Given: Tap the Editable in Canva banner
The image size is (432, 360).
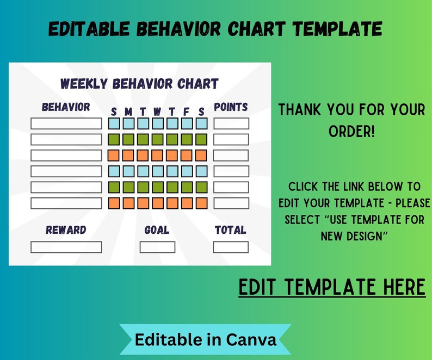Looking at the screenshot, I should point(206,340).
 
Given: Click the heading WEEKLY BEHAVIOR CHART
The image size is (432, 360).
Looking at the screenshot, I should point(139,84).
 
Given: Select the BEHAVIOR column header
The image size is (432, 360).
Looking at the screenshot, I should point(66,107).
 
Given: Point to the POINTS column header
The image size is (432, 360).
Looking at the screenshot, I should point(231,107).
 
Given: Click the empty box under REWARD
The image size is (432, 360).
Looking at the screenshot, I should point(66,247).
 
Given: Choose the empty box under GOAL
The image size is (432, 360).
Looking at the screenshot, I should point(157,247).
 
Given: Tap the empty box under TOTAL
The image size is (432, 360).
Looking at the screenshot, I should point(231,247).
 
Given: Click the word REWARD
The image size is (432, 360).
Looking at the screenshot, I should point(66,230).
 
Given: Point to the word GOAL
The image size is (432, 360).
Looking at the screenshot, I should point(157,230).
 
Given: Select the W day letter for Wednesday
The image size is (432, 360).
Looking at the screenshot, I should point(157,112).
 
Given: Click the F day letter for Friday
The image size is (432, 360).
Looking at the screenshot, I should point(187,112).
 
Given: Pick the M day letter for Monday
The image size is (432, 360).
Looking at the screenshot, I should point(128,112).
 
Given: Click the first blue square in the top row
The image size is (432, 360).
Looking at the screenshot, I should point(114,123).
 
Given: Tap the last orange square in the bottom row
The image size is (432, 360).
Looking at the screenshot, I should point(201,203).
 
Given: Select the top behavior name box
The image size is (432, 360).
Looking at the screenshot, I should point(66,123).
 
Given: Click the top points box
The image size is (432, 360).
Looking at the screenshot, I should point(231,123).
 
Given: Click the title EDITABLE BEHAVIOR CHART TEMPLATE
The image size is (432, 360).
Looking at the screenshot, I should point(215,28).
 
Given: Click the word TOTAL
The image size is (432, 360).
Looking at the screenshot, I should point(231,230).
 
